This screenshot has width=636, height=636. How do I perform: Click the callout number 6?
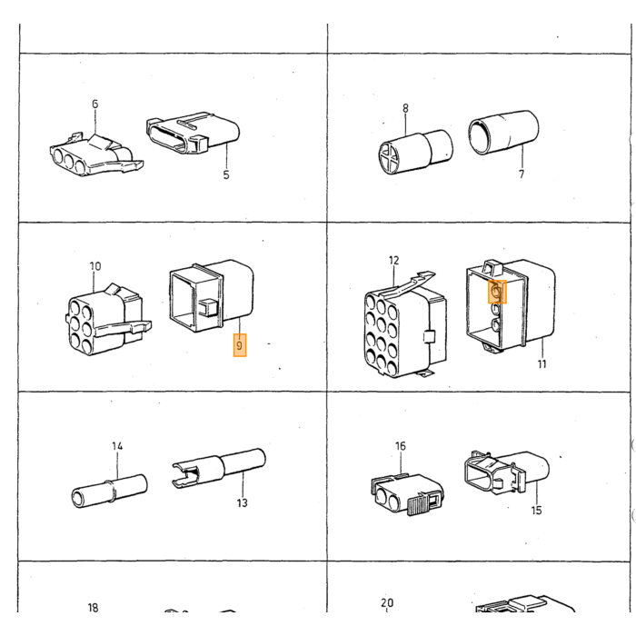[x=94, y=104]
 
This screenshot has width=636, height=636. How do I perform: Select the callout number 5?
[x=226, y=174]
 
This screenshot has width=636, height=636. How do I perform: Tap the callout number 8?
[x=405, y=108]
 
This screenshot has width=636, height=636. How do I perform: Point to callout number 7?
[x=522, y=174]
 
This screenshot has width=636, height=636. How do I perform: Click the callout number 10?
[x=94, y=266]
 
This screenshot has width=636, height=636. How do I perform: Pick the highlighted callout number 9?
[x=239, y=345]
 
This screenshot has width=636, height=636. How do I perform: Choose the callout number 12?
[x=393, y=260]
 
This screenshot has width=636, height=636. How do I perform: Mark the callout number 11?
[x=542, y=364]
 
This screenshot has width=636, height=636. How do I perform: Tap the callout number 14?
[x=117, y=446]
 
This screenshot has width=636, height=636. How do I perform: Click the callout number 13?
[x=243, y=503]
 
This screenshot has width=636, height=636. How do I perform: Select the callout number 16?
[x=401, y=446]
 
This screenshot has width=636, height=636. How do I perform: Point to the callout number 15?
[x=537, y=511]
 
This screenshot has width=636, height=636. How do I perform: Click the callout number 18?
[x=93, y=608]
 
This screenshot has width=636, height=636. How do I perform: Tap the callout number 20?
[x=387, y=602]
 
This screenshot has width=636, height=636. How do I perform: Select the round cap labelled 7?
[x=503, y=133]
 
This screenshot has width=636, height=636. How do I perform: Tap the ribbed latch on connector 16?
[x=416, y=505]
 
